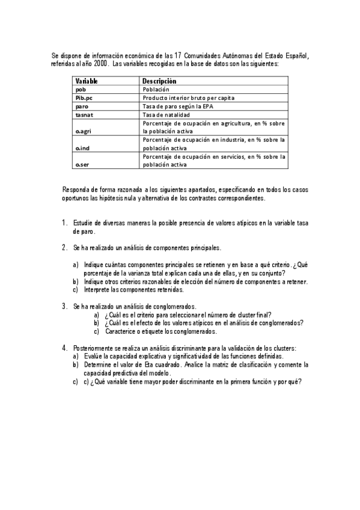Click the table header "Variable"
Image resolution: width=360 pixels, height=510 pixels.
(87, 81)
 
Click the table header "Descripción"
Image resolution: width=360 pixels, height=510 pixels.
(159, 81)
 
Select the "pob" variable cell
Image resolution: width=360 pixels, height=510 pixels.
(81, 89)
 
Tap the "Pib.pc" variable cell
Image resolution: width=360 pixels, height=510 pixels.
(84, 97)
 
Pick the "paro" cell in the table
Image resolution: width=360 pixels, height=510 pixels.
(82, 106)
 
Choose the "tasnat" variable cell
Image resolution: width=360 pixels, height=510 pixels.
(84, 114)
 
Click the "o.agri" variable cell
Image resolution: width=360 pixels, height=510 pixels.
(83, 130)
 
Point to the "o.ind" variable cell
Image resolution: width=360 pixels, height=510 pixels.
(82, 147)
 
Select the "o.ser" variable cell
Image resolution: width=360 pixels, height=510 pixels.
(82, 164)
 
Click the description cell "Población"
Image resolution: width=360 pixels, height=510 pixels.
(156, 89)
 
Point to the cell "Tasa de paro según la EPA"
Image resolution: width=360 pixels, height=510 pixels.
(177, 106)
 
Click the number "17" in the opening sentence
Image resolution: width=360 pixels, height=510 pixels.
(195, 57)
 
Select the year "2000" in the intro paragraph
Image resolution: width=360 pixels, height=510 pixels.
(102, 64)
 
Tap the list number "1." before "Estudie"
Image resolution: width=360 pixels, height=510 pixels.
(64, 223)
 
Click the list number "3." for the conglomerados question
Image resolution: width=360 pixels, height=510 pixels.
(64, 306)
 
